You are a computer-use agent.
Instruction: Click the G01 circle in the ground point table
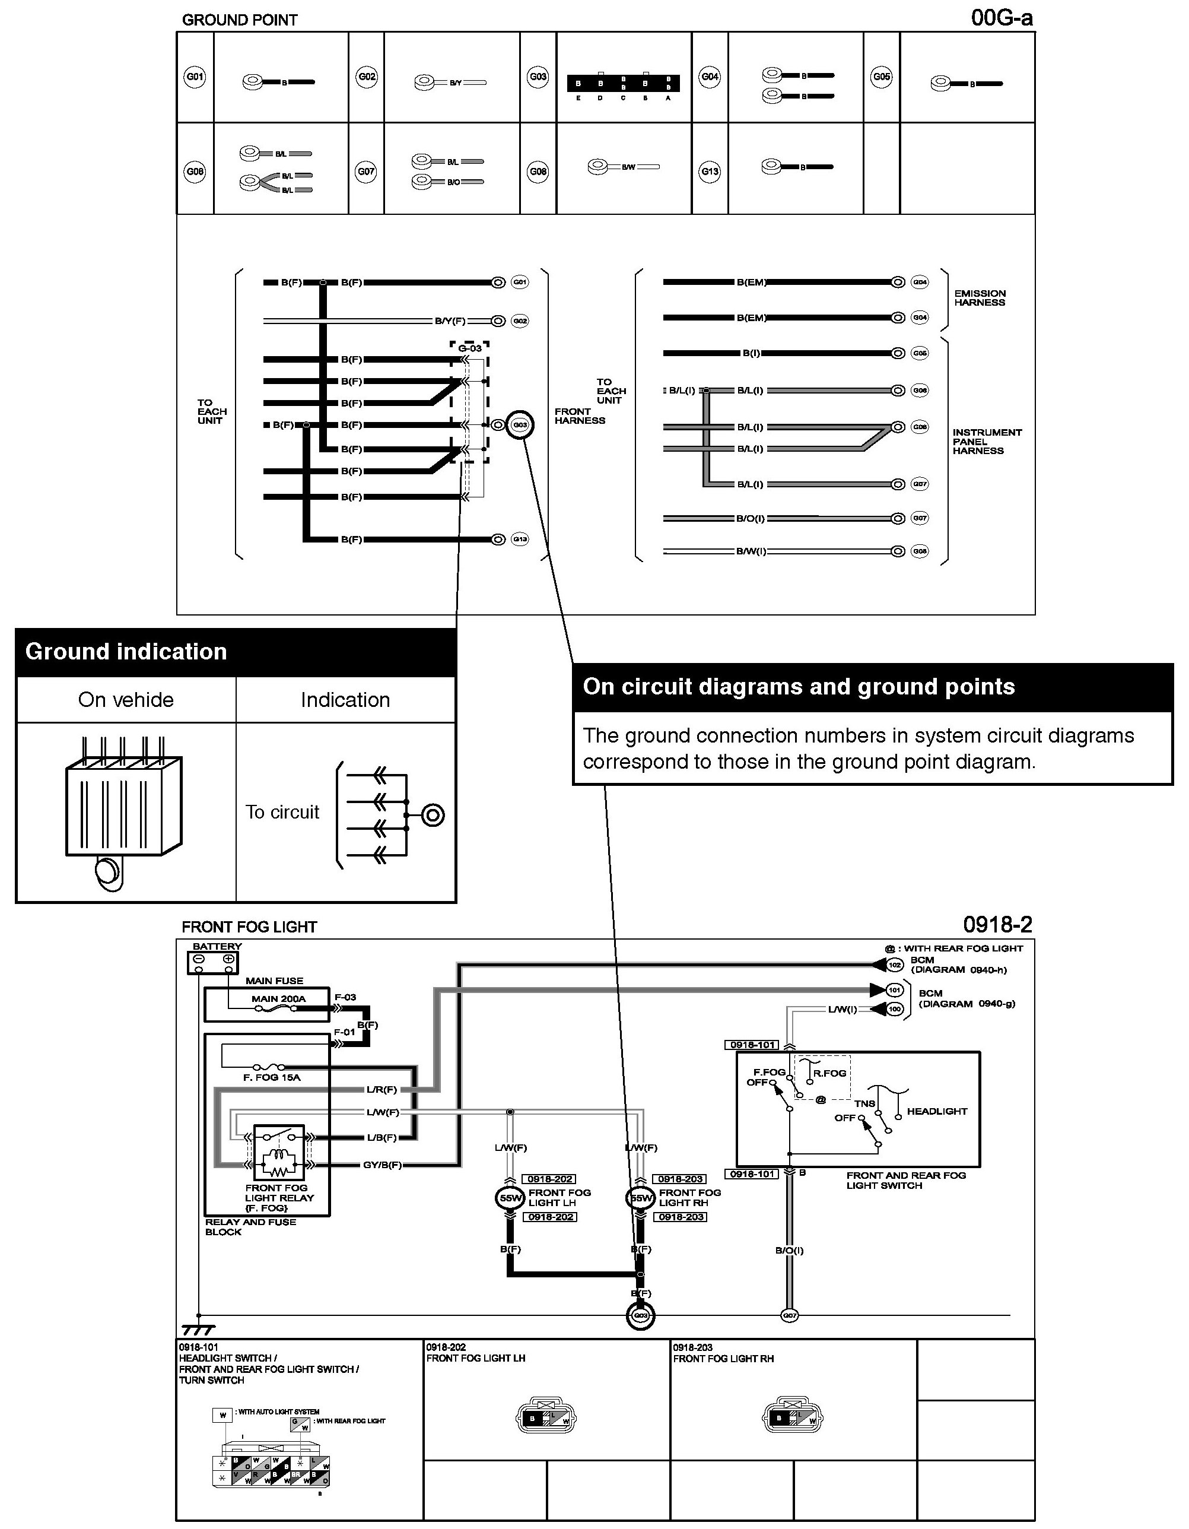[x=195, y=77]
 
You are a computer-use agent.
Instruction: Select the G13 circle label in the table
[x=710, y=171]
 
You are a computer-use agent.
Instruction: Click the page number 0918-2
[x=997, y=925]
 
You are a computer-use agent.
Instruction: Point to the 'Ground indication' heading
[x=126, y=652]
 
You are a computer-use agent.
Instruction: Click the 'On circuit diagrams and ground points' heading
[x=799, y=687]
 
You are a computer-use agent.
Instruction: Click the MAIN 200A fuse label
[x=278, y=999]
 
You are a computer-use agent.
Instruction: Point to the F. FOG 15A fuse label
[x=272, y=1077]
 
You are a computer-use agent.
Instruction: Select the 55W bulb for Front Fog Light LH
[x=509, y=1198]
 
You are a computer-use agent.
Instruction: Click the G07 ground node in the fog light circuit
[x=789, y=1315]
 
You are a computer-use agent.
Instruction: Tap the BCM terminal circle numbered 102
[x=894, y=965]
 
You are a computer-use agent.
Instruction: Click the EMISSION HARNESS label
[x=980, y=298]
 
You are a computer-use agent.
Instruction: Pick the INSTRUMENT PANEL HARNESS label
[x=986, y=442]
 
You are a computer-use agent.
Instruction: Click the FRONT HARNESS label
[x=580, y=416]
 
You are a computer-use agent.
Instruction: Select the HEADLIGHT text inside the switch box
[x=936, y=1111]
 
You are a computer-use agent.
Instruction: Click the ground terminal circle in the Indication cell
[x=433, y=815]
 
